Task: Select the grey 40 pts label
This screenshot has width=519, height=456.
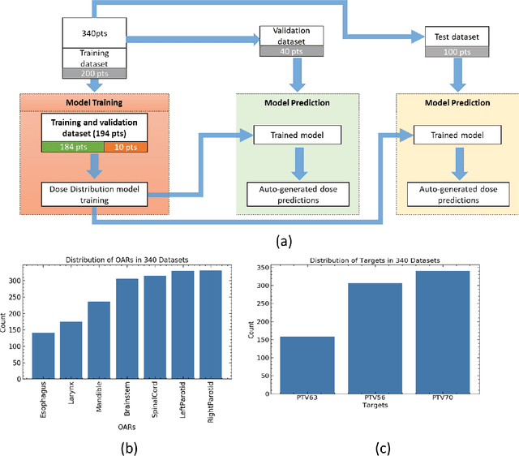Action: [x=290, y=51]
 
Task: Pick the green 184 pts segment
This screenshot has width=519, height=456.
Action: [x=73, y=147]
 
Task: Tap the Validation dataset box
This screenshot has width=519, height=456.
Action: [x=290, y=35]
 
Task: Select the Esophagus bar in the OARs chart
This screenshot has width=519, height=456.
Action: [x=66, y=357]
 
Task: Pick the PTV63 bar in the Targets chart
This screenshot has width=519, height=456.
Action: [x=307, y=364]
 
